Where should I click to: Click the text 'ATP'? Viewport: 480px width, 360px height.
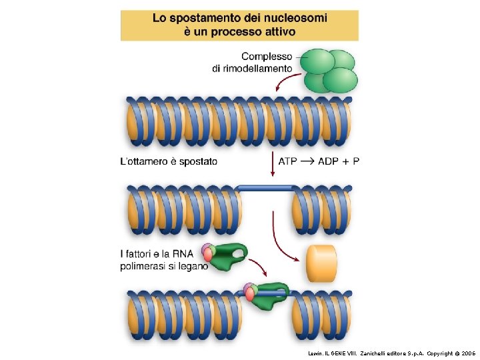(x=289, y=161)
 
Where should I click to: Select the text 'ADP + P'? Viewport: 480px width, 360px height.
(x=339, y=161)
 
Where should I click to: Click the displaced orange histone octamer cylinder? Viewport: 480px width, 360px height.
(x=322, y=263)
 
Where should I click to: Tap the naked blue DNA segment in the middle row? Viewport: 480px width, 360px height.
(x=265, y=189)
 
